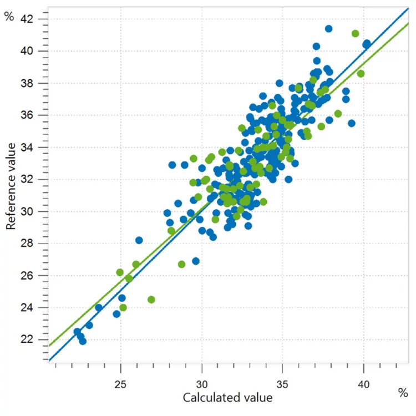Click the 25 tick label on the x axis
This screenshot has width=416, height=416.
(x=121, y=384)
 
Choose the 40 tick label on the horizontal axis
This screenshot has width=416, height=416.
(x=364, y=384)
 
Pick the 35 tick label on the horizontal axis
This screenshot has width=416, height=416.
(x=283, y=384)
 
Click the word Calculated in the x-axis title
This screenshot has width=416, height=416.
(x=208, y=397)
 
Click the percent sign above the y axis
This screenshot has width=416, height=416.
(x=9, y=16)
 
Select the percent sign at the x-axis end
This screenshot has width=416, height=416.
(x=403, y=393)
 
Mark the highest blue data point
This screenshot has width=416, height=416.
(x=328, y=28)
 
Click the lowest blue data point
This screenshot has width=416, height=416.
(x=83, y=341)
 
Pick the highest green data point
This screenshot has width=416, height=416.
(x=355, y=33)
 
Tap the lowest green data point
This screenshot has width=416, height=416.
(x=123, y=307)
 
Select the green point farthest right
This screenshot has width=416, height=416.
(x=361, y=73)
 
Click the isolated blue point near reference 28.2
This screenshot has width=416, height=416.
(x=139, y=240)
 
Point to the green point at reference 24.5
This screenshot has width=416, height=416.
(x=151, y=300)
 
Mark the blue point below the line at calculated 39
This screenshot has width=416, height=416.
(x=351, y=123)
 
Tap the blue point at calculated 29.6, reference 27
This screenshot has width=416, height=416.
(x=195, y=261)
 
